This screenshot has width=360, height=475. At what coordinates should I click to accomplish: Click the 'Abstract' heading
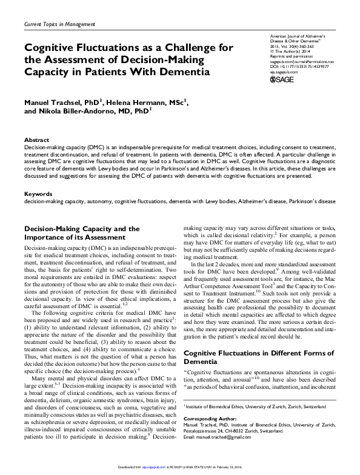35,139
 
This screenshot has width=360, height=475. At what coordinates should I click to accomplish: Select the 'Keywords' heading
37,192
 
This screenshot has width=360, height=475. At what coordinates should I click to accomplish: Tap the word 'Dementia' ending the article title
182,72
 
